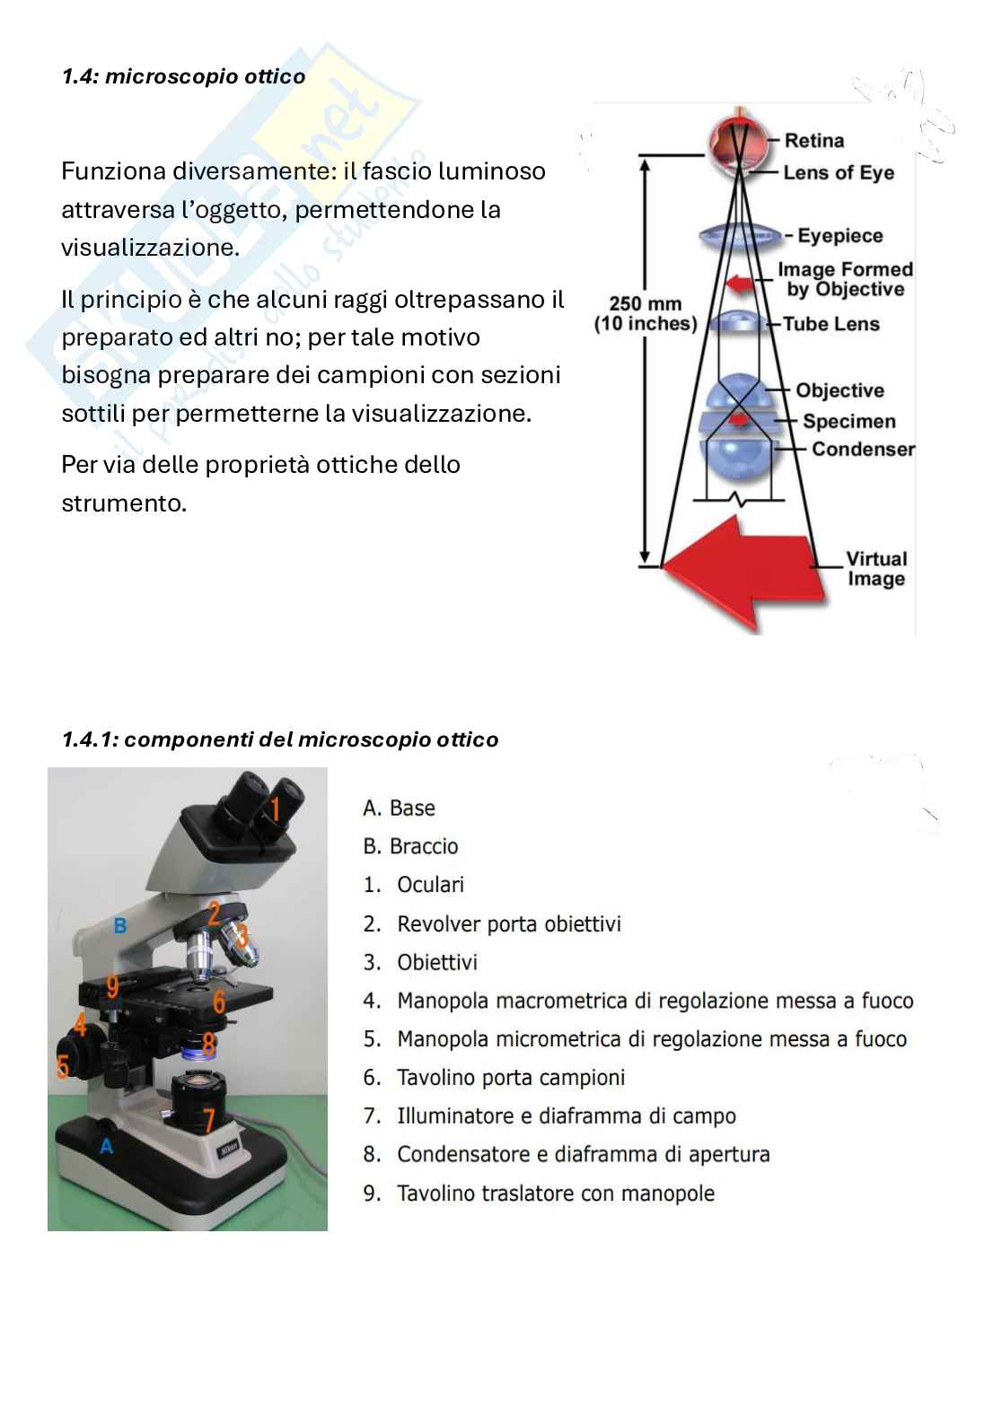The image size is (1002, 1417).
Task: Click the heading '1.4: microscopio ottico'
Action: tap(183, 76)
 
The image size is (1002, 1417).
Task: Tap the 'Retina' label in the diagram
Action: tap(813, 140)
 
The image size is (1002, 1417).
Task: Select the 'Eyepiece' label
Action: tap(839, 236)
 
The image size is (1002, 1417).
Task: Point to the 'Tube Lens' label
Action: tap(831, 324)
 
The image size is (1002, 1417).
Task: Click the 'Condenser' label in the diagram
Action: tap(863, 449)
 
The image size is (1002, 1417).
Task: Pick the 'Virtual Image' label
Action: tap(876, 569)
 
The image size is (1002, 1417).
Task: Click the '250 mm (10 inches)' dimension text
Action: tap(646, 314)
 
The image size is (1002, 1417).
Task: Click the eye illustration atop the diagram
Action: tap(739, 144)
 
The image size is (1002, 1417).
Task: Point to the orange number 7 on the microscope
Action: tap(209, 1119)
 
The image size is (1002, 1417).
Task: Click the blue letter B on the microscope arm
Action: tap(120, 925)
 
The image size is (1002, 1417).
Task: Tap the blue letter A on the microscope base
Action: tap(107, 1146)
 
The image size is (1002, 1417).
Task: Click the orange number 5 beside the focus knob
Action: tap(63, 1066)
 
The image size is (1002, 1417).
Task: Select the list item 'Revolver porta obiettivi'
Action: tap(508, 923)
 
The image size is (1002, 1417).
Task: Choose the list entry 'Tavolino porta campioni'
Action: tap(510, 1077)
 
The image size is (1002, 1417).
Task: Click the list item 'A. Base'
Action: tap(399, 808)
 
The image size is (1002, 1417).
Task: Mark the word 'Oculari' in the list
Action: tap(430, 885)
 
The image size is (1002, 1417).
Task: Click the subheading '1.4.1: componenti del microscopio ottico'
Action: tap(280, 739)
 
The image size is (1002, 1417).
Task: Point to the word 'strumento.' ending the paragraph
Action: tap(124, 503)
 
